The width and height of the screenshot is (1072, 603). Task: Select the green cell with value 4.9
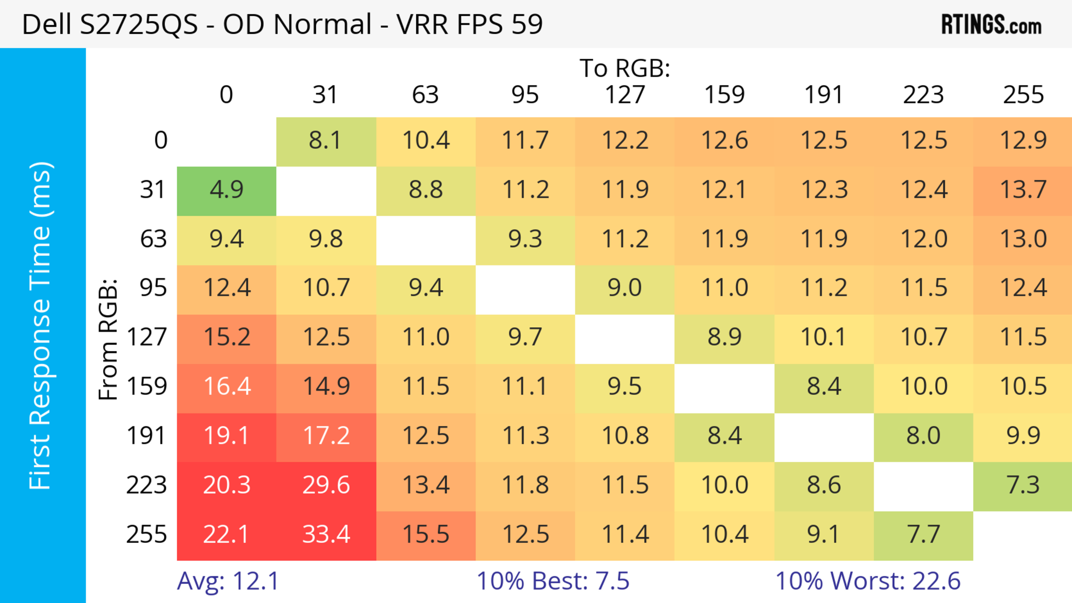226,190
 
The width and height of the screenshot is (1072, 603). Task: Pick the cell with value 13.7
1023,190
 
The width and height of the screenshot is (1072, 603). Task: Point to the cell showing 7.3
1023,485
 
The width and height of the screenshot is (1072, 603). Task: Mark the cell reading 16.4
226,387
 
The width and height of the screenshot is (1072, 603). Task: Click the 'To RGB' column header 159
724,95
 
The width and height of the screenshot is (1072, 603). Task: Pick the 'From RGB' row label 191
147,436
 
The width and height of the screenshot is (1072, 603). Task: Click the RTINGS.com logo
991,25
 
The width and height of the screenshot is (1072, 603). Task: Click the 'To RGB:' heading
625,69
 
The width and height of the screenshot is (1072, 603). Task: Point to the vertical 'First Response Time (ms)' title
41,325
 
